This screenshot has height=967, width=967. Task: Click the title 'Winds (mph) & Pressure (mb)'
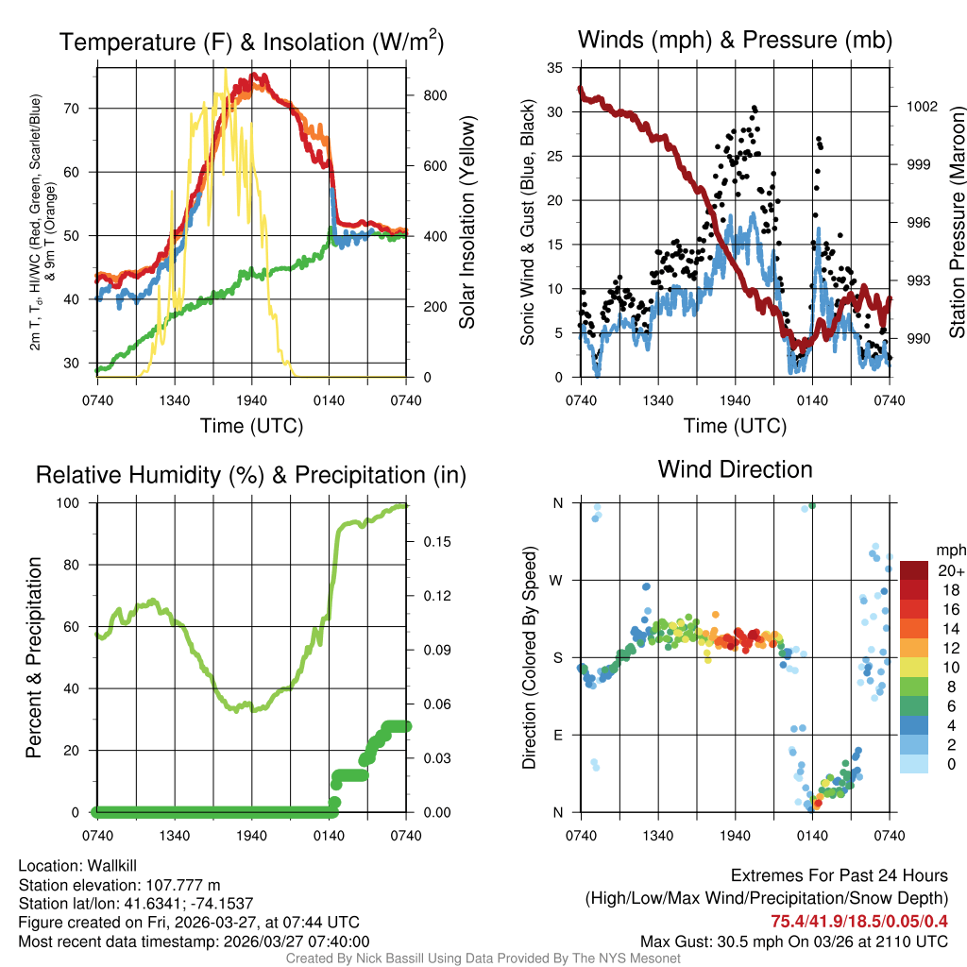click(x=735, y=41)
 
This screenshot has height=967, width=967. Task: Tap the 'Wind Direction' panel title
click(x=735, y=469)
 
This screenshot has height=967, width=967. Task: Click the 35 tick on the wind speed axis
click(x=554, y=68)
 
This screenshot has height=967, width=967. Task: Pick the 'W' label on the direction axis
click(x=556, y=580)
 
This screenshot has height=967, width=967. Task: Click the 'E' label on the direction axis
click(x=557, y=735)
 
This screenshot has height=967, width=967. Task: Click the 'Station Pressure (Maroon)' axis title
click(x=957, y=222)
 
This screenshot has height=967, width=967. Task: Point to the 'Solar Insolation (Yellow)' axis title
click(x=467, y=222)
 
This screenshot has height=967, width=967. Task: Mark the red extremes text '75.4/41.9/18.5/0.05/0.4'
click(x=859, y=922)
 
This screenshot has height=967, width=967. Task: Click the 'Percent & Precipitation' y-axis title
click(x=34, y=657)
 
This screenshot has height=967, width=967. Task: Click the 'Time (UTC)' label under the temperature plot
click(x=251, y=426)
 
